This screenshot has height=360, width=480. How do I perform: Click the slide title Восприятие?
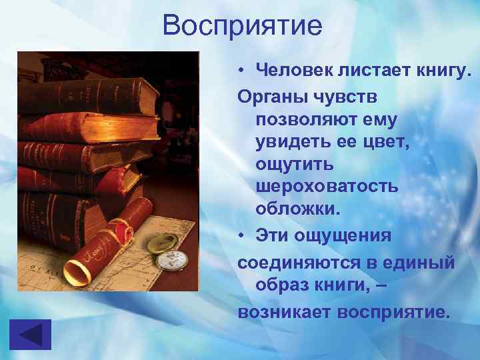(242, 26)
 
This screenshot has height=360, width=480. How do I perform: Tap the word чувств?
(345, 97)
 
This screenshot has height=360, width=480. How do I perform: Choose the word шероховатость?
(327, 186)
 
